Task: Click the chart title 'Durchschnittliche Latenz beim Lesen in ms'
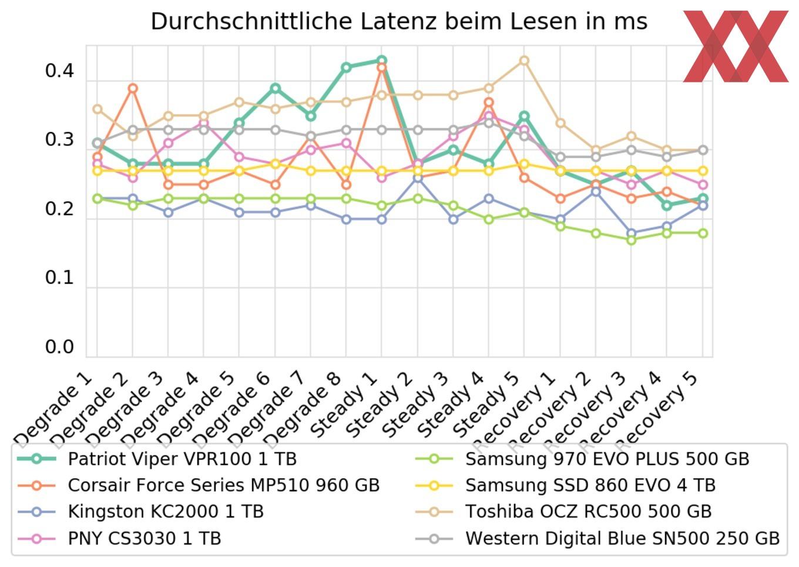(x=399, y=22)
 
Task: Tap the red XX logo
(x=736, y=46)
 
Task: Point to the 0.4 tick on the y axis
(x=59, y=71)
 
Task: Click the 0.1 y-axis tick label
(x=59, y=278)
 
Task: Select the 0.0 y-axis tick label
(x=59, y=347)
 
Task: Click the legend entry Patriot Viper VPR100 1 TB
(x=182, y=459)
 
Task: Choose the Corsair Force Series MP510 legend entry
(x=223, y=485)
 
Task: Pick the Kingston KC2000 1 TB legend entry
(x=166, y=512)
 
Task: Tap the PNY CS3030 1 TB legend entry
(x=144, y=538)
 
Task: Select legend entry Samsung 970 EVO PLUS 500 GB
(x=607, y=459)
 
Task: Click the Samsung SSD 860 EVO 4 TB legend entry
(x=590, y=485)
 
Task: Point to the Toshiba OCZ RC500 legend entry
(x=588, y=512)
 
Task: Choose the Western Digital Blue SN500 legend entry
(x=622, y=538)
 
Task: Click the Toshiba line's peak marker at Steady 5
(x=524, y=61)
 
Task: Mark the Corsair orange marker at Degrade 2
(x=133, y=89)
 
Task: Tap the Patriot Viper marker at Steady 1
(x=381, y=60)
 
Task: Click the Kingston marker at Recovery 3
(x=632, y=233)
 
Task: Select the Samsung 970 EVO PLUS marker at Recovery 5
(x=702, y=233)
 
